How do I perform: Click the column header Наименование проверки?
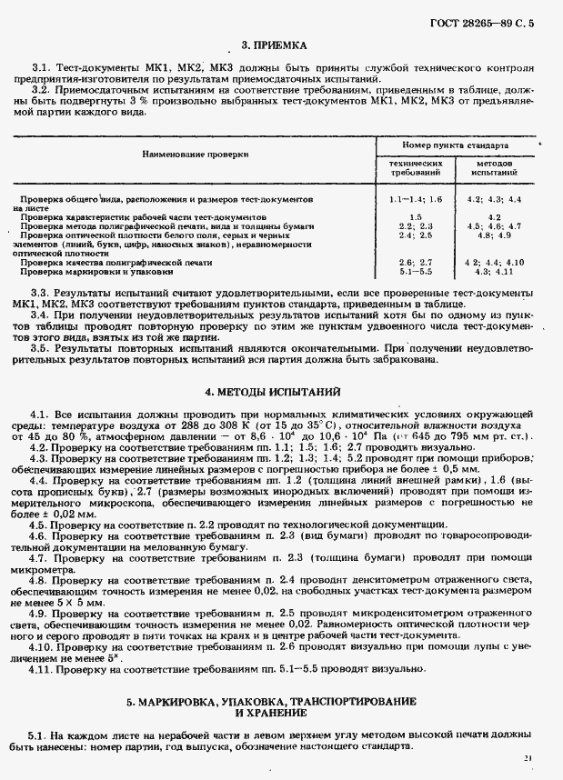(195, 155)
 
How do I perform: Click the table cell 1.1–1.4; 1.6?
(415, 198)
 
